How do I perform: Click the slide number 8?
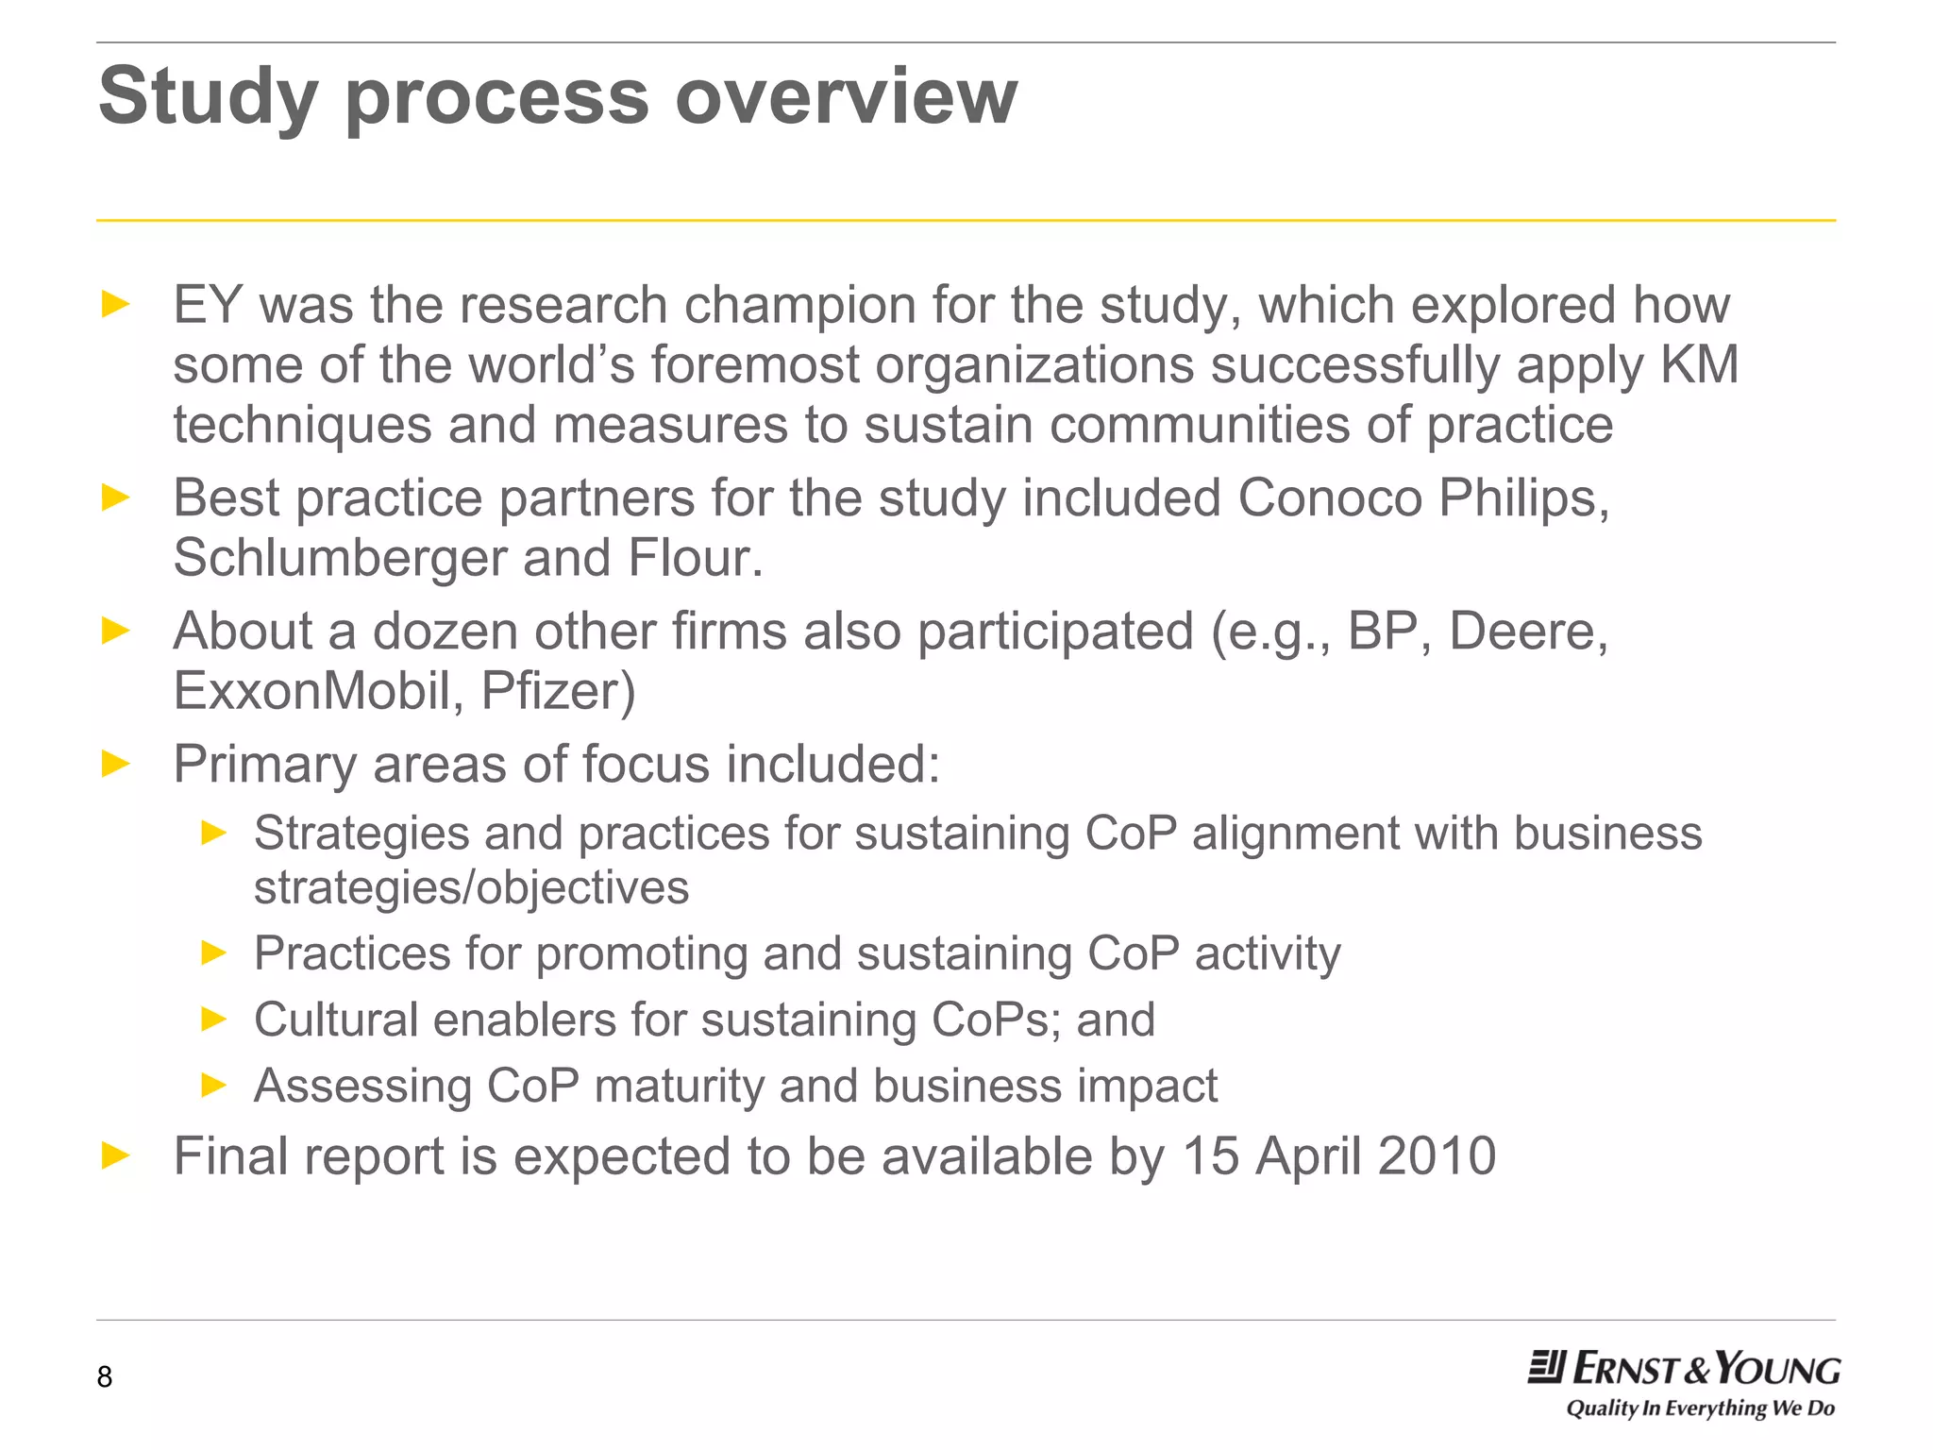[x=105, y=1376]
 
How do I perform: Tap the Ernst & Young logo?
[x=1684, y=1368]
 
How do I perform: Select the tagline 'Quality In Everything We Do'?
[x=1700, y=1408]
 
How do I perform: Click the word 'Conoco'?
[x=1329, y=497]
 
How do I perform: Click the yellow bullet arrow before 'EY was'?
[x=115, y=304]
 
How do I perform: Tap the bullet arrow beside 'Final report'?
[x=115, y=1155]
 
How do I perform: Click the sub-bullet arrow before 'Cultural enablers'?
[x=214, y=1020]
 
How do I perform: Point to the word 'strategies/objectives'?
[x=471, y=887]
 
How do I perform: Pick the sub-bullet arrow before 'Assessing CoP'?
[x=214, y=1086]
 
